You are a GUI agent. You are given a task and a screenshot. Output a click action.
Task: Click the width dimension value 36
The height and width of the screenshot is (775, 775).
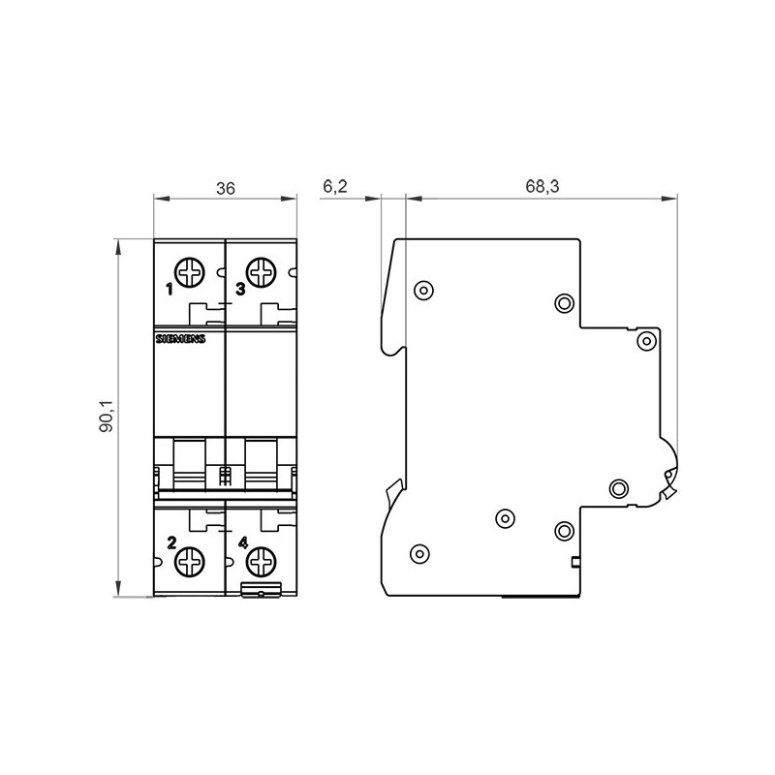(225, 188)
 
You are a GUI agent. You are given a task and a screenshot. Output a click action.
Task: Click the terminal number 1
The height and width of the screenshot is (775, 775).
(169, 289)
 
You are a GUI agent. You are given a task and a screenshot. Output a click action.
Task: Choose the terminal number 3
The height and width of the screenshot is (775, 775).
(239, 289)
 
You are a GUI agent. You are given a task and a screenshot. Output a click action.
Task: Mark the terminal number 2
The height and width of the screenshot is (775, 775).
(171, 542)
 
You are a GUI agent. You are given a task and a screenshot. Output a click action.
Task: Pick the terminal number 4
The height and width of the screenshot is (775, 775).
(242, 542)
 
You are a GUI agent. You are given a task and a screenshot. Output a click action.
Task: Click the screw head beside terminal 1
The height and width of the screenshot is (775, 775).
(189, 271)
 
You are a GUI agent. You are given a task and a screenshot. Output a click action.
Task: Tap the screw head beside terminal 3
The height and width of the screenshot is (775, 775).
(261, 271)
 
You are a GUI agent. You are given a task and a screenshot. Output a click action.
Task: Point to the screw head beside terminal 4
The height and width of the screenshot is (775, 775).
(262, 560)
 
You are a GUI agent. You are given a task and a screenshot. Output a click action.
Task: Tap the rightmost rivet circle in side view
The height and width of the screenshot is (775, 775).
(644, 340)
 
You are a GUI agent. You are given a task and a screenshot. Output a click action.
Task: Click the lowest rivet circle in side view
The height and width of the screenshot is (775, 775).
(418, 553)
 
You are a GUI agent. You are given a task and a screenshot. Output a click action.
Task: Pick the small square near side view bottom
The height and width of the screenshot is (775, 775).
(574, 563)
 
